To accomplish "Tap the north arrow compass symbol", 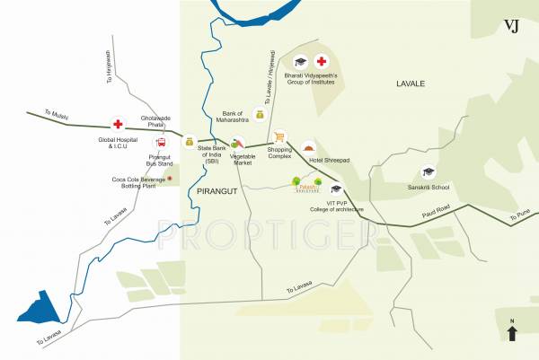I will (x=512, y=333).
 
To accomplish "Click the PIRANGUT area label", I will (x=215, y=192).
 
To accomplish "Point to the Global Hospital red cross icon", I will (x=118, y=124).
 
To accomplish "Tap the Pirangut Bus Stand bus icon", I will (x=161, y=142).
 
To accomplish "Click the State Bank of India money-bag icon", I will (x=190, y=141).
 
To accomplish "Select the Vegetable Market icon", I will (x=237, y=141).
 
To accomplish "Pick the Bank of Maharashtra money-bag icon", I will (x=260, y=114).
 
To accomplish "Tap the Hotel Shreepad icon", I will (x=310, y=147).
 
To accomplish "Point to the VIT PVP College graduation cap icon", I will (x=337, y=189).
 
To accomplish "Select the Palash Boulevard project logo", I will (x=305, y=184).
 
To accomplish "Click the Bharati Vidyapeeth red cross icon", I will (x=322, y=62).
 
